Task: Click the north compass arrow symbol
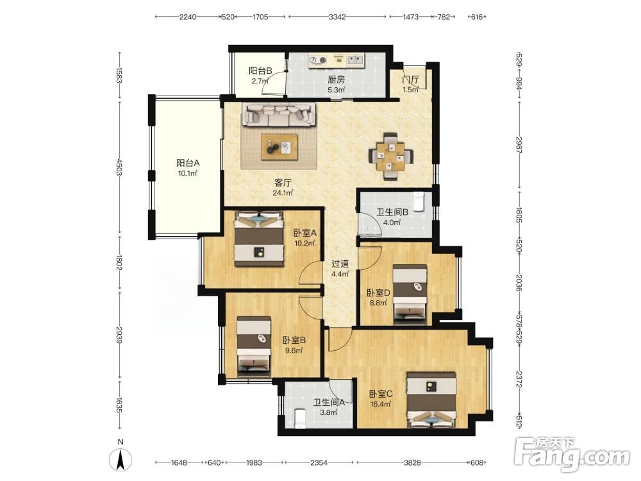(121, 460)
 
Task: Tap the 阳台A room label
(188, 163)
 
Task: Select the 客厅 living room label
(283, 182)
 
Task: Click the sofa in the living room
(280, 114)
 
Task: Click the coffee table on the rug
(279, 147)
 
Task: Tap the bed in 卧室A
(259, 239)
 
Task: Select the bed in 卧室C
(431, 400)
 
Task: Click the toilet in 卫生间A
(299, 419)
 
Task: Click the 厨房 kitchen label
(336, 80)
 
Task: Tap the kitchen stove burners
(318, 60)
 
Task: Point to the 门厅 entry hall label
(410, 80)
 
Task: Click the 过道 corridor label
(340, 264)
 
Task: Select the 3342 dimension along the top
(337, 17)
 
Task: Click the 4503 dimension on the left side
(119, 167)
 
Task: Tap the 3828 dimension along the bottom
(412, 462)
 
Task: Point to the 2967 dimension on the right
(519, 145)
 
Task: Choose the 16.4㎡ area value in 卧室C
(381, 404)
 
